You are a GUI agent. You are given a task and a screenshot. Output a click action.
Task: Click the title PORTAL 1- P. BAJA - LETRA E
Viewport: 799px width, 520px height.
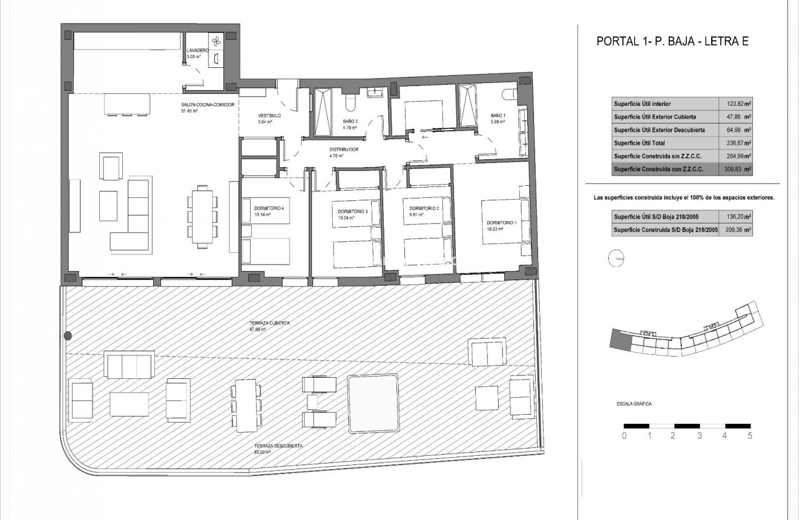pos(673,42)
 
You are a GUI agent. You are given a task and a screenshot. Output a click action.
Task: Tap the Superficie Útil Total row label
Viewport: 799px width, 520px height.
pos(641,143)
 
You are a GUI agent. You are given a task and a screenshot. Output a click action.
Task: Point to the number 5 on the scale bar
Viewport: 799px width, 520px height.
pos(749,435)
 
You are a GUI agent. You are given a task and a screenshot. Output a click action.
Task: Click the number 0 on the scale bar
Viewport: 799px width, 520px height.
pos(625,435)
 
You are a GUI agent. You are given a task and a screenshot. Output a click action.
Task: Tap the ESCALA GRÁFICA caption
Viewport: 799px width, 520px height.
pos(630,404)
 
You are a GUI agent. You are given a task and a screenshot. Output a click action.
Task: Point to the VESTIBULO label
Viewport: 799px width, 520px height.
pos(270,115)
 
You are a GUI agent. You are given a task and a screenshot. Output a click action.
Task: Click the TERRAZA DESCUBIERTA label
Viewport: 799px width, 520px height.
pos(279,446)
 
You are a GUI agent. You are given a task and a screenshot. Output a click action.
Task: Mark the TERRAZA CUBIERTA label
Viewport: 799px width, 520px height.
pos(269,324)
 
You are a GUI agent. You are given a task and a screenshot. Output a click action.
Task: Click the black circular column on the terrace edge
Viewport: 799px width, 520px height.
pos(68,335)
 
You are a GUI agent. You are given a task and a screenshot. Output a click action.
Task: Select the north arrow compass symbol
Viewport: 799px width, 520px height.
pos(617,258)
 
